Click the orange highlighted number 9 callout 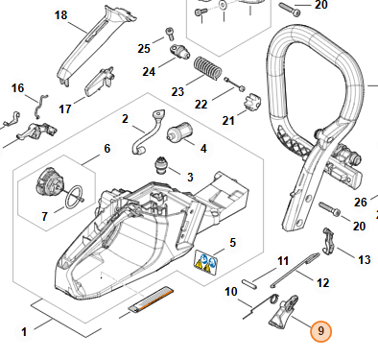[320, 331]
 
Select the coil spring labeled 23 [207, 68]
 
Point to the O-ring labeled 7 [75, 196]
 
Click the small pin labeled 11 [249, 284]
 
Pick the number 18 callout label [60, 15]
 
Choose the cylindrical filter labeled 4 [179, 132]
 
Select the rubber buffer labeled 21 [250, 102]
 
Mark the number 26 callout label [360, 202]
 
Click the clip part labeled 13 [328, 241]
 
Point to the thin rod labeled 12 [295, 270]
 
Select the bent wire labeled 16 [39, 107]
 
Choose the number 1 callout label [24, 331]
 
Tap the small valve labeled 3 [160, 165]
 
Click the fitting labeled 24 [179, 51]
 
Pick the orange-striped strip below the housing [151, 300]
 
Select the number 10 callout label [231, 292]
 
